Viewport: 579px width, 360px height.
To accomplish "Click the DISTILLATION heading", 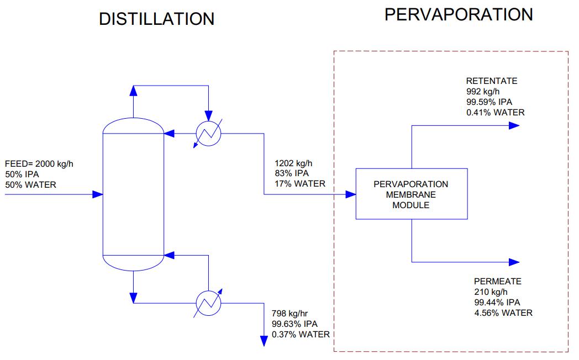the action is tap(156, 19).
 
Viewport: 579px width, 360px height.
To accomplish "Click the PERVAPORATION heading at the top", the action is tap(459, 15).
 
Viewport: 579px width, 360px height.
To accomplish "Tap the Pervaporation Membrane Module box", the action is tap(412, 194).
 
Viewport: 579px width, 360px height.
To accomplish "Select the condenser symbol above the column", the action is tap(208, 133).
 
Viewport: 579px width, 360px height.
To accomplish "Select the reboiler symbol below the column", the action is tap(208, 303).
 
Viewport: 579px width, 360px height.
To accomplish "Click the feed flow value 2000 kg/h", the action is tap(54, 164).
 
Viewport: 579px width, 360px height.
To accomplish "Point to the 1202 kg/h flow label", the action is tap(293, 163).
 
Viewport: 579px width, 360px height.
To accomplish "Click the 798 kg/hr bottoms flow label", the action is tap(289, 314).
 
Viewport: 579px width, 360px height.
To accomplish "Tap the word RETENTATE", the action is tap(492, 81).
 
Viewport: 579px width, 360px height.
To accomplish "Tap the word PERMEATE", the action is tap(497, 282).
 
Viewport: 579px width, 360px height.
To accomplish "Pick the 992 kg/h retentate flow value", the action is tap(483, 92).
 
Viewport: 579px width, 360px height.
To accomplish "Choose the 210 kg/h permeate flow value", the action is tap(491, 292).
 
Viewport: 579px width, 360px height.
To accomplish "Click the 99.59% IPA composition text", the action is tap(489, 102).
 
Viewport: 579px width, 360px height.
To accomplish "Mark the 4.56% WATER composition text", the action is tap(503, 313).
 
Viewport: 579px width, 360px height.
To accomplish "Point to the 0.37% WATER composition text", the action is tap(301, 335).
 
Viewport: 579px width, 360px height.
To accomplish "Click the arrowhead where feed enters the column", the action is tap(97, 194).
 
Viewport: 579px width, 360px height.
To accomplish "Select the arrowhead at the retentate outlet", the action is tap(514, 126).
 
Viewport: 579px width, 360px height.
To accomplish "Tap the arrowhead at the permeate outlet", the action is tap(514, 262).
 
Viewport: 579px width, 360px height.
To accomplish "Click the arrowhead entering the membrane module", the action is tap(351, 194).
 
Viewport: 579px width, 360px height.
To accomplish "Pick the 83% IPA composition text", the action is tap(292, 173).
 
